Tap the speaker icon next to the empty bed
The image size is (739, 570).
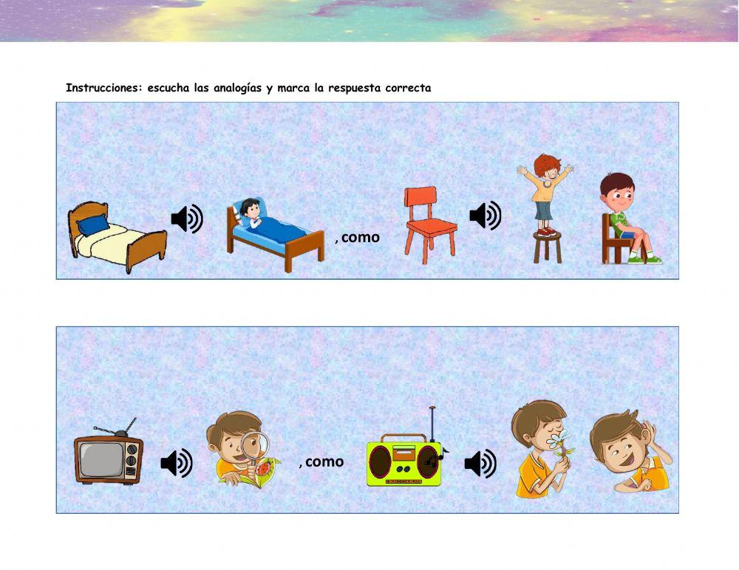[x=187, y=219]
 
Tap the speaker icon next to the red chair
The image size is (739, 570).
[x=485, y=216]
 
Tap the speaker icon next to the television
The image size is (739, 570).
[x=177, y=463]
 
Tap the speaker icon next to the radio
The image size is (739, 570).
[x=480, y=464]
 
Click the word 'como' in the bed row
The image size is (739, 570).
[x=361, y=238]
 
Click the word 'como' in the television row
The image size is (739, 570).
[x=324, y=462]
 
